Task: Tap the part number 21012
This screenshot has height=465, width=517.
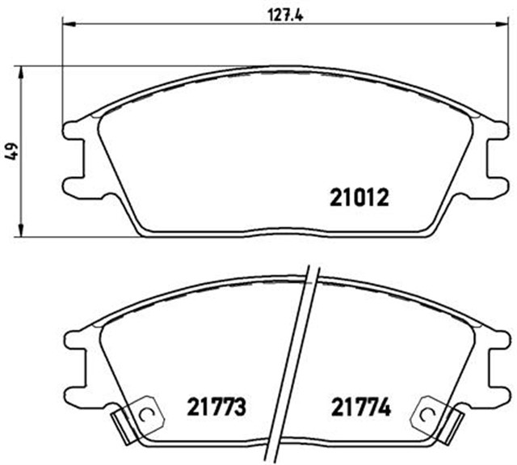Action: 360,197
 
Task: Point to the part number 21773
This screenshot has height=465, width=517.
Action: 216,408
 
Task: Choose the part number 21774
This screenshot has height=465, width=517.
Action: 360,408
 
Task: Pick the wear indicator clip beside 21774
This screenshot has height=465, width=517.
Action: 435,421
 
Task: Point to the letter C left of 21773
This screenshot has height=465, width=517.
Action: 146,415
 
